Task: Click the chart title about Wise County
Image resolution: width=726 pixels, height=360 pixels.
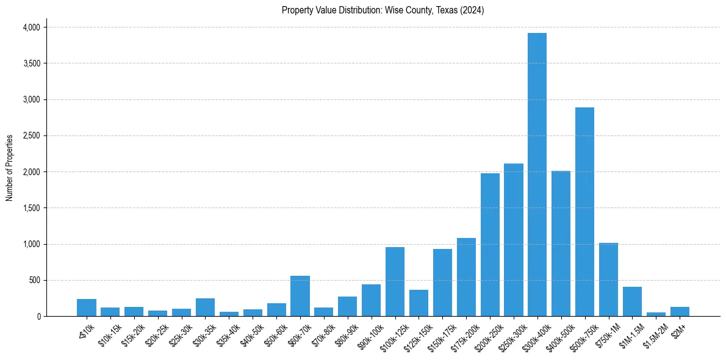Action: (383, 10)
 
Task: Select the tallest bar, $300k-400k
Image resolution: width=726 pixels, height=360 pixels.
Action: (537, 175)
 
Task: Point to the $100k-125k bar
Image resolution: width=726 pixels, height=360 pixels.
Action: (395, 281)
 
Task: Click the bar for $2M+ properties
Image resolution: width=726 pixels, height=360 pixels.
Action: (680, 312)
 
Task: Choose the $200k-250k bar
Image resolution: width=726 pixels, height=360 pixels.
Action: (490, 245)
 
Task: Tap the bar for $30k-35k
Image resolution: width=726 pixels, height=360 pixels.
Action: (205, 308)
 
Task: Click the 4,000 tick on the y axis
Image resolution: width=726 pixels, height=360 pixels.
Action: (31, 27)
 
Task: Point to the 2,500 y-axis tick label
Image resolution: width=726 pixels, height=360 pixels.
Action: (31, 135)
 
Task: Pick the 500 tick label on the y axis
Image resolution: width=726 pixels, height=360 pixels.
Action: (34, 280)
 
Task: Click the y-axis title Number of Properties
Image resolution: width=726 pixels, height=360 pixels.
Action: (10, 168)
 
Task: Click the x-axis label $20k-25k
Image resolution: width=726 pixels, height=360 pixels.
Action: (155, 335)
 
